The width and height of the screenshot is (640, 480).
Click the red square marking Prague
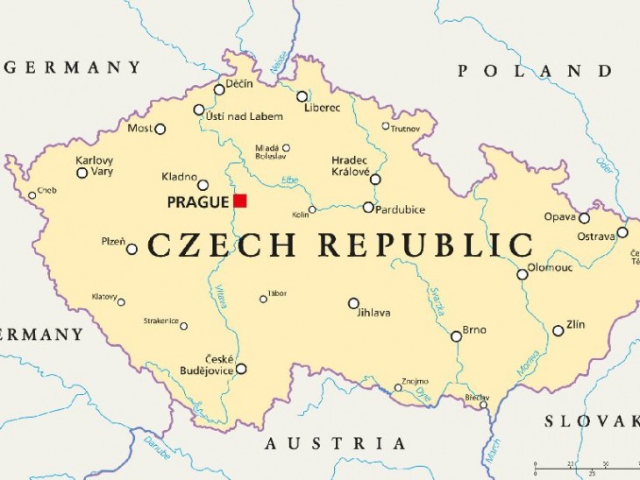(x=239, y=201)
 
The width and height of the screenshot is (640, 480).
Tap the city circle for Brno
(x=456, y=336)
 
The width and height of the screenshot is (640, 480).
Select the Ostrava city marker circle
(x=622, y=232)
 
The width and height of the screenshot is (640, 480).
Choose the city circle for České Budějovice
(x=241, y=369)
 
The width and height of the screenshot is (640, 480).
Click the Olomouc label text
(x=550, y=268)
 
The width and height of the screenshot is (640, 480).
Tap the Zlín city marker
(x=558, y=331)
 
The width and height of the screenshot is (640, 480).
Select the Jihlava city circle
(x=353, y=303)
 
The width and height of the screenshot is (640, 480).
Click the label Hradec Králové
(x=350, y=166)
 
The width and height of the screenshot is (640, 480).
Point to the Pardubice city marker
(x=368, y=208)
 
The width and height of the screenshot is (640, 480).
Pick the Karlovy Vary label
(x=94, y=166)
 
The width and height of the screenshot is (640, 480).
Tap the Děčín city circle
(x=219, y=89)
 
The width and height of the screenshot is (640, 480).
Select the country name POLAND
(x=535, y=71)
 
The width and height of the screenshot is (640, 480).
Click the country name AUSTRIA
(x=336, y=443)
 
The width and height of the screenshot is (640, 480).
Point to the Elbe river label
(x=290, y=180)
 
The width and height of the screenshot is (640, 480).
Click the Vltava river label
(x=222, y=299)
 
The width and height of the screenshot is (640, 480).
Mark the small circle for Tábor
(x=263, y=300)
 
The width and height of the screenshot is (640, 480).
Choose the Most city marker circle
(x=160, y=129)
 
